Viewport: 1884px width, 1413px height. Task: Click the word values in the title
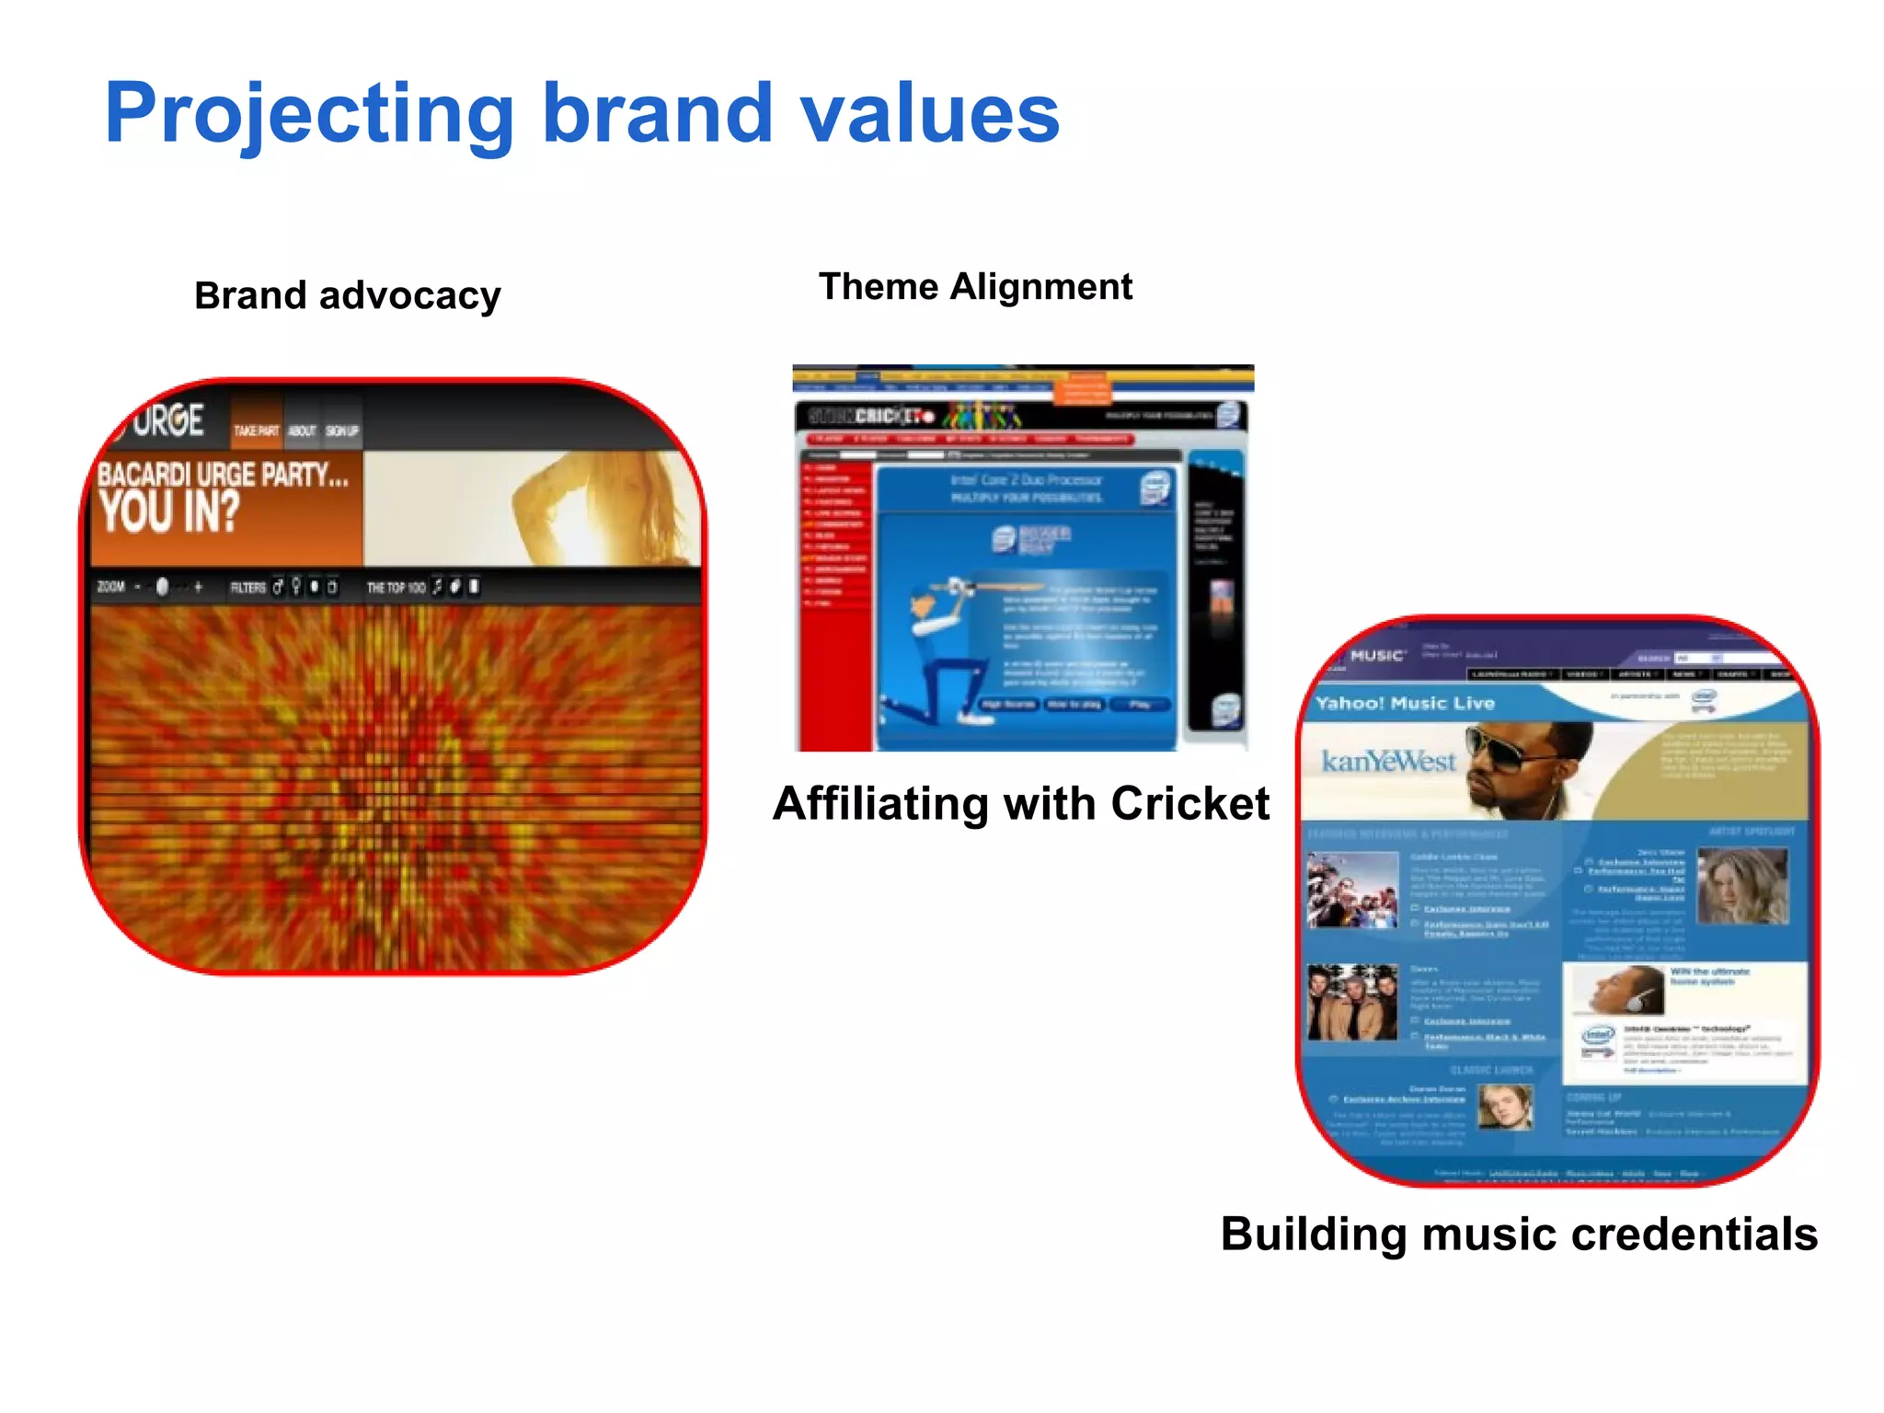tap(929, 115)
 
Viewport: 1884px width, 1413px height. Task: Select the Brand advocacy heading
tap(348, 296)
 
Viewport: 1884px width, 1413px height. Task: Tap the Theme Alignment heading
tap(975, 287)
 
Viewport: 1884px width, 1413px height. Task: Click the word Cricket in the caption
tap(1189, 803)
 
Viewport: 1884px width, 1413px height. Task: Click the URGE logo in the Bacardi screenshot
tap(167, 420)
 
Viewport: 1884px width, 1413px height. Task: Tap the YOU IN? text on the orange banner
tap(170, 511)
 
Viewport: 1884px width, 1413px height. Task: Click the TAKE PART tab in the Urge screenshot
tap(256, 431)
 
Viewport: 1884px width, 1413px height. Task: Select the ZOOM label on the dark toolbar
tap(111, 587)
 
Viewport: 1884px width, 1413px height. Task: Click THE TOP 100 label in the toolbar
tap(396, 588)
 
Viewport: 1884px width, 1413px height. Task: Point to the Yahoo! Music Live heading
tap(1405, 704)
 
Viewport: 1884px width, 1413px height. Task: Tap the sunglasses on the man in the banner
tap(1509, 746)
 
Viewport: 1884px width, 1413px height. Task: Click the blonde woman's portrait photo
tap(1741, 885)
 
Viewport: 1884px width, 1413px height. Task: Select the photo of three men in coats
tap(1351, 1003)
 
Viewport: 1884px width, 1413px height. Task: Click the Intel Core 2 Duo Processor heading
tap(1026, 480)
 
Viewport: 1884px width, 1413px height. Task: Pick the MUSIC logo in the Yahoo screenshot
tap(1376, 656)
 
